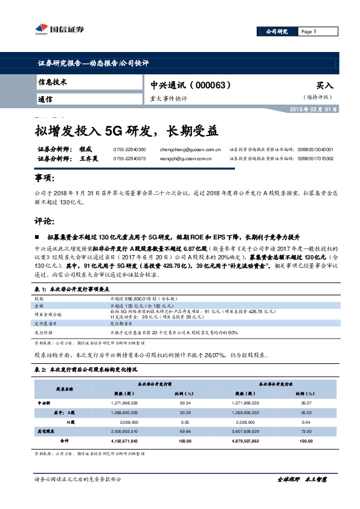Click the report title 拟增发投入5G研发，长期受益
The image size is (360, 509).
pos(126,131)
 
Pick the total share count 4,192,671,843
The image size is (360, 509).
pos(125,441)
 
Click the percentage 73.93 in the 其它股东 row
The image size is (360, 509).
pos(307,432)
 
